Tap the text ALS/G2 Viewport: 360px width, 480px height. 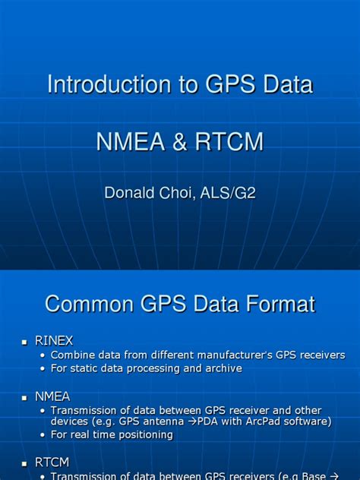point(229,193)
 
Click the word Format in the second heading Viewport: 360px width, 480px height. point(276,305)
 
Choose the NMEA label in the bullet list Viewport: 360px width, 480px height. point(52,396)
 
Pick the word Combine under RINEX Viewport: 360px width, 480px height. point(73,355)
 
